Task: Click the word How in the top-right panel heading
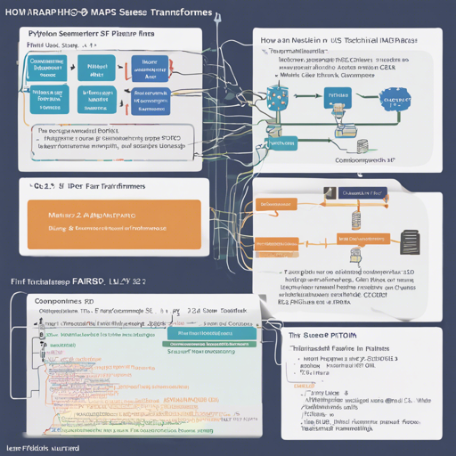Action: click(269, 40)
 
